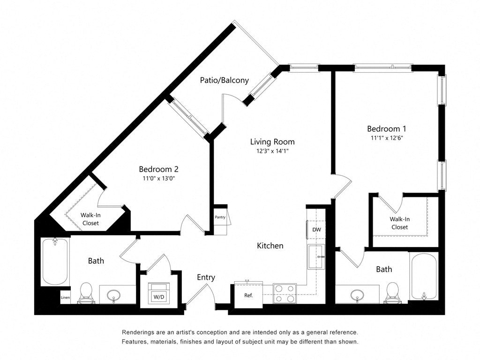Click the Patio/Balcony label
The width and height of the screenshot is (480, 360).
(x=224, y=80)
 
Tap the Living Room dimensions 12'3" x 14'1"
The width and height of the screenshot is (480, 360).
(x=272, y=151)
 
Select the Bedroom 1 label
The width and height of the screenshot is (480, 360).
(x=386, y=128)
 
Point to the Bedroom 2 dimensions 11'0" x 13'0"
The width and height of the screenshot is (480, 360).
(x=158, y=178)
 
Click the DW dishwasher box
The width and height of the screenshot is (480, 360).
(x=316, y=230)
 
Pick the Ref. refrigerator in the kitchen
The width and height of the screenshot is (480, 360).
(x=248, y=295)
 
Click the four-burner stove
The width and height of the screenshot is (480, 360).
(x=285, y=293)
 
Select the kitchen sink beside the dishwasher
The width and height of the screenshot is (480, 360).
(x=316, y=256)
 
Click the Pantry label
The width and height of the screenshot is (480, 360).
(x=220, y=217)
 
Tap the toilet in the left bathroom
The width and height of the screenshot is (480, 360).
(x=86, y=292)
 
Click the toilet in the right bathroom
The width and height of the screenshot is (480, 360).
(x=392, y=292)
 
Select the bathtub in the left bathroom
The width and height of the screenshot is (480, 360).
(x=55, y=262)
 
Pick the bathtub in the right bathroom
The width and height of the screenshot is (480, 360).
(x=424, y=276)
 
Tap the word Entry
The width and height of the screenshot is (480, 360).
(x=206, y=277)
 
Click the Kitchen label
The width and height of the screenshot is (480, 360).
(x=270, y=246)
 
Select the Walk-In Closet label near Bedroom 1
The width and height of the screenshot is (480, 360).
(x=399, y=223)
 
